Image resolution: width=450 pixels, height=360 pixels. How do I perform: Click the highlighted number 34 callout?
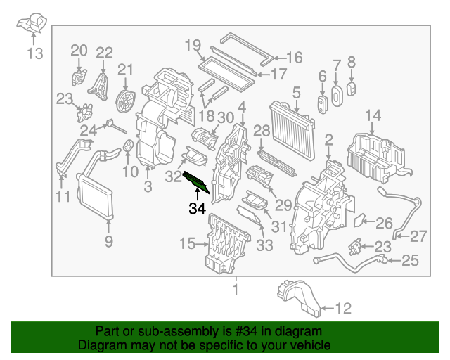(x=197, y=208)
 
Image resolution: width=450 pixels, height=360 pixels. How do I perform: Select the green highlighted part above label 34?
(x=196, y=181)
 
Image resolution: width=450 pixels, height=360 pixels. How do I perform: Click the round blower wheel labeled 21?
(x=126, y=99)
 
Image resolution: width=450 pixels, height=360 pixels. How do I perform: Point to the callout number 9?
(x=109, y=243)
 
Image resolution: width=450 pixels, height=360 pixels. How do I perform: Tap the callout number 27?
(x=418, y=236)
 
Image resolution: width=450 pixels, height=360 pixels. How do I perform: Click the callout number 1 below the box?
(x=236, y=289)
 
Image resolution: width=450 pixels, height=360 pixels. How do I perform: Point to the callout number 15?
(x=186, y=244)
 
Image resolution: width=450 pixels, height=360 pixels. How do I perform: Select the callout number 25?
(x=409, y=261)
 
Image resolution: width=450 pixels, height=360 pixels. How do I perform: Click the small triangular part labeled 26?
(x=358, y=221)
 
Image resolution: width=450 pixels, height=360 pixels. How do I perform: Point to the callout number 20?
(x=79, y=50)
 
